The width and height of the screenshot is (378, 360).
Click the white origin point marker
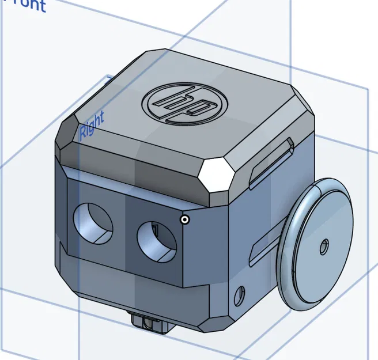pos(185,219)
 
